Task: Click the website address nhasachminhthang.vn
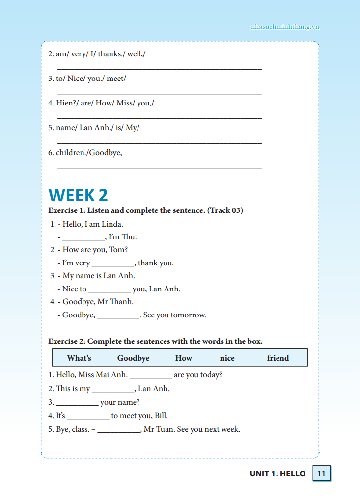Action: (x=285, y=27)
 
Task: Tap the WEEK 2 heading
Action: (x=78, y=195)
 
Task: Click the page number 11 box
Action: (x=322, y=473)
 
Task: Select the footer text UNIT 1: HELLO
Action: (x=277, y=473)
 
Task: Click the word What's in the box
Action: (x=79, y=358)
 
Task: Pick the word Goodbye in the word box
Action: (x=133, y=358)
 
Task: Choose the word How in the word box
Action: (x=184, y=358)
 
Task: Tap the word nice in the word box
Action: (x=227, y=358)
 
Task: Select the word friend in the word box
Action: (x=278, y=358)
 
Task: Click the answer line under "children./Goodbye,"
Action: (x=160, y=167)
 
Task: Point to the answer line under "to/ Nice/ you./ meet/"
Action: (x=160, y=93)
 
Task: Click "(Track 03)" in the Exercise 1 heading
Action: (x=225, y=210)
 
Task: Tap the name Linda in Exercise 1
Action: (x=112, y=224)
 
